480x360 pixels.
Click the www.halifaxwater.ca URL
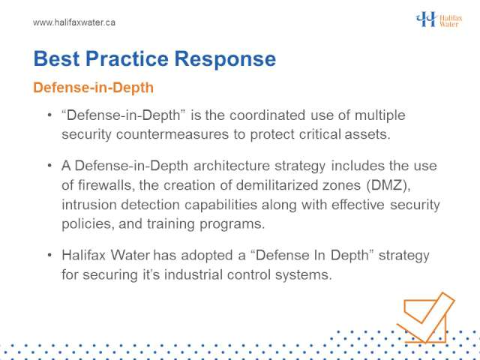(74, 22)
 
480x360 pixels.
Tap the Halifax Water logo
(439, 19)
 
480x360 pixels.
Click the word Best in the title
(57, 58)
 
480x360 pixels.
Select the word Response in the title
(225, 58)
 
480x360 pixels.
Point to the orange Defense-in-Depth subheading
(93, 88)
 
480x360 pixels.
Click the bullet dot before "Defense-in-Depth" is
(49, 115)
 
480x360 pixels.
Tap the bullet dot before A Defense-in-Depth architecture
(49, 166)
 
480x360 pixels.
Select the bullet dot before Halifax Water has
(49, 255)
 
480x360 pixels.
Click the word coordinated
(267, 115)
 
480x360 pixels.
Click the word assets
(367, 134)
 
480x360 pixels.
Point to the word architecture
(232, 166)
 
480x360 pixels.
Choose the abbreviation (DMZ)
(388, 185)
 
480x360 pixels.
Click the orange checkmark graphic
(425, 317)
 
